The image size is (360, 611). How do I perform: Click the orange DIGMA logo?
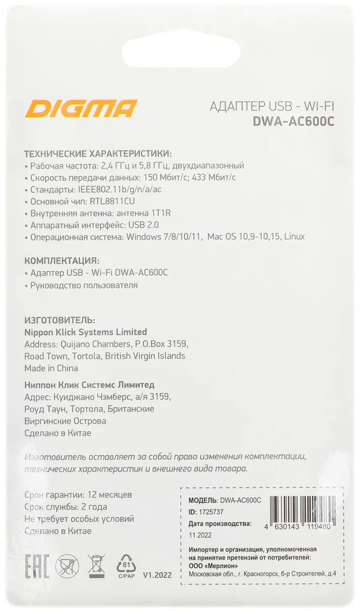tap(82, 109)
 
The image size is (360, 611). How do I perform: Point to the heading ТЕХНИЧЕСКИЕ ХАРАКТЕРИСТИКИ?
tap(98, 153)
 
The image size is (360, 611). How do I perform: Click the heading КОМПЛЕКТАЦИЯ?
tap(62, 260)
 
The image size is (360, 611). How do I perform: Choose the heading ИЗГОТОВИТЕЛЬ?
tap(60, 320)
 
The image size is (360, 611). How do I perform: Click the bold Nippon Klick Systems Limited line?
tap(86, 332)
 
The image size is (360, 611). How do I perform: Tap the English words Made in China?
tap(51, 368)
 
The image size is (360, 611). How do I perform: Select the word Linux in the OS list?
tap(294, 237)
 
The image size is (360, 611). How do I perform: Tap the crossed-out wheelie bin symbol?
tap(96, 564)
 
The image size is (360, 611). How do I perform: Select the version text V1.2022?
tap(157, 575)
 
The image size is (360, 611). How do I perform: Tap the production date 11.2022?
tap(200, 535)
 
